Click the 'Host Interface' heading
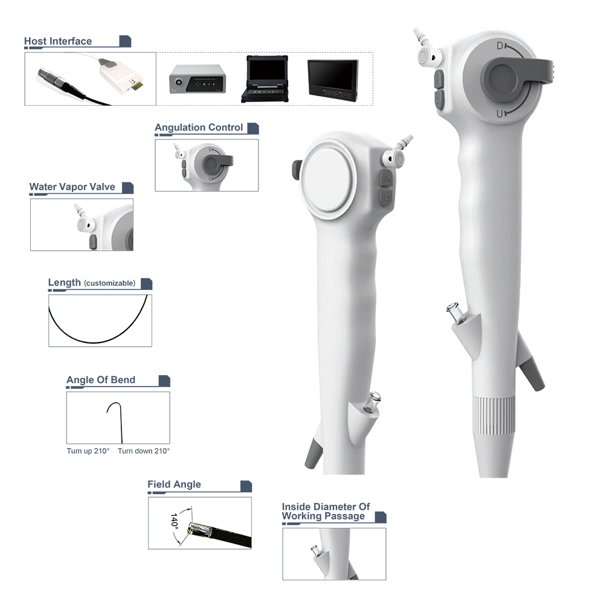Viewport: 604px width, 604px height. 58,41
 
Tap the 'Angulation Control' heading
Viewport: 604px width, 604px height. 199,127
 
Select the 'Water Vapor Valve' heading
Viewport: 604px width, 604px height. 72,187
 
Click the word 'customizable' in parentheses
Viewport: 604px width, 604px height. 110,283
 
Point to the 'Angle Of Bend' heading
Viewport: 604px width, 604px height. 100,380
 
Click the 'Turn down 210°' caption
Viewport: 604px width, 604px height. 144,451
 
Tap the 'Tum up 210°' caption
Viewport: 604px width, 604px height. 88,451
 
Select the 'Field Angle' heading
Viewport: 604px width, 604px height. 174,484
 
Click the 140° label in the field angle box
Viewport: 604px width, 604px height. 174,521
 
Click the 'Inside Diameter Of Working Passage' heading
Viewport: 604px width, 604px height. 326,512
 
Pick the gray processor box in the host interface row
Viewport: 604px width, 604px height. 198,79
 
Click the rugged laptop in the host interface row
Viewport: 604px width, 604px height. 265,79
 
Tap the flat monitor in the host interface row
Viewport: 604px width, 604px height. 333,80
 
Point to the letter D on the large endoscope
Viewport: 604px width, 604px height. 500,46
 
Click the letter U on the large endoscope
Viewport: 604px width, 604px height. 500,114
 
